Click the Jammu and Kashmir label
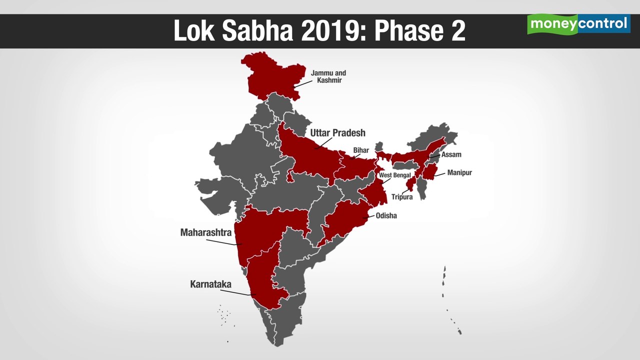pos(328,76)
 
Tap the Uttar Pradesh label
pos(337,133)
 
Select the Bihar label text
pos(360,150)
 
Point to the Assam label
pos(451,154)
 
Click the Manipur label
pos(459,172)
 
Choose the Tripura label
pos(401,197)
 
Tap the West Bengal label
pos(394,175)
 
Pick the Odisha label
pos(386,216)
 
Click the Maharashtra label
pos(205,232)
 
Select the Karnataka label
pos(210,284)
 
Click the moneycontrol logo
pos(578,24)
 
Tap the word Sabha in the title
pos(259,31)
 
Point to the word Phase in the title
pos(405,31)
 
